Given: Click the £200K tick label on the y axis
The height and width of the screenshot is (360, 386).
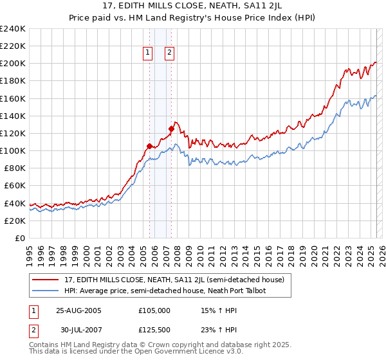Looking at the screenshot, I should (x=12, y=64).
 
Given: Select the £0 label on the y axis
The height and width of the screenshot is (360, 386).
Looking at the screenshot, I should (x=21, y=238).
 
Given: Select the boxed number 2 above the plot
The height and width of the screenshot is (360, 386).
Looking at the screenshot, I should (x=170, y=53).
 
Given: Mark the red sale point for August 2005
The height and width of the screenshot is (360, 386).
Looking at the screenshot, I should (x=149, y=146).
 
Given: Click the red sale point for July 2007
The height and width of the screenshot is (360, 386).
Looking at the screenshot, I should (x=171, y=128).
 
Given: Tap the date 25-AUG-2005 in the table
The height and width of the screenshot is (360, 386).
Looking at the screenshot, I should (x=78, y=310).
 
